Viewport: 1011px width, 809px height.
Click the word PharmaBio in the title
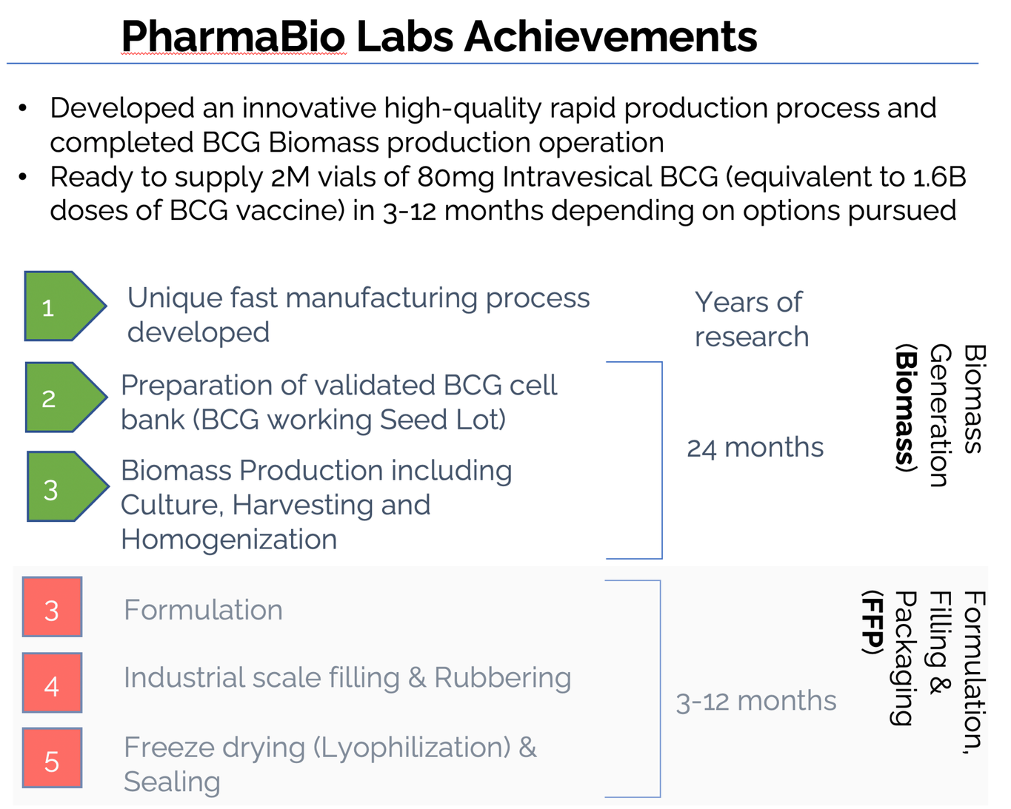pyautogui.click(x=233, y=36)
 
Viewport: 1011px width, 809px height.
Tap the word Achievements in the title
pyautogui.click(x=610, y=36)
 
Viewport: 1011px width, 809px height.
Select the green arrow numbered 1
pyautogui.click(x=65, y=306)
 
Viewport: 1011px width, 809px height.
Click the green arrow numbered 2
pyautogui.click(x=66, y=397)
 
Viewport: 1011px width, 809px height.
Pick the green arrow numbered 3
pyautogui.click(x=68, y=486)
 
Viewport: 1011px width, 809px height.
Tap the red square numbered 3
pyautogui.click(x=52, y=607)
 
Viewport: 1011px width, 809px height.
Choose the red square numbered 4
pyautogui.click(x=52, y=682)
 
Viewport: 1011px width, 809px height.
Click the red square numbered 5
pyautogui.click(x=52, y=758)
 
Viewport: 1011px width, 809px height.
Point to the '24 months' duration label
pyautogui.click(x=755, y=448)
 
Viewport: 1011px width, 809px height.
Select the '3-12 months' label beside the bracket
pyautogui.click(x=756, y=701)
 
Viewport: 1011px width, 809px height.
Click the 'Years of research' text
pyautogui.click(x=752, y=319)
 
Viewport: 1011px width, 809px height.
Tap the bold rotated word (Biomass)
pyautogui.click(x=905, y=408)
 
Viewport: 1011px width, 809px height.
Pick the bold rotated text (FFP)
pyautogui.click(x=872, y=622)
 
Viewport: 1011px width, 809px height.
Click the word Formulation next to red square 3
pyautogui.click(x=203, y=609)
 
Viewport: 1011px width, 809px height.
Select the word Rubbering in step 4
pyautogui.click(x=502, y=679)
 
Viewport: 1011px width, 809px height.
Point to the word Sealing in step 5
pyautogui.click(x=172, y=782)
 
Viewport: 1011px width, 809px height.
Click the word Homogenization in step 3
pyautogui.click(x=229, y=539)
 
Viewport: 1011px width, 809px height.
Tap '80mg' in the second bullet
pyautogui.click(x=456, y=178)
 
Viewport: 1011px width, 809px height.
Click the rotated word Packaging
pyautogui.click(x=902, y=658)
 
